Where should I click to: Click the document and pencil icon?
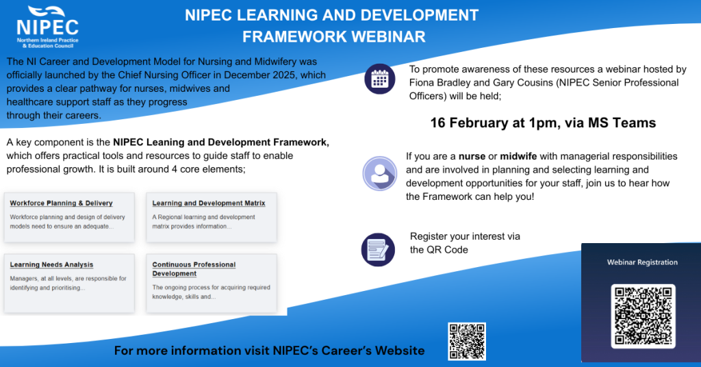pos(378,249)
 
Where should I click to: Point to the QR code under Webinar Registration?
pos(643,315)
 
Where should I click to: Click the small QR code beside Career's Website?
pos(466,341)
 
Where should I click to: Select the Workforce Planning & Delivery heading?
pos(61,203)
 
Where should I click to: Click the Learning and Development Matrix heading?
pos(209,203)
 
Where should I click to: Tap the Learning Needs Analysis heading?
pos(51,265)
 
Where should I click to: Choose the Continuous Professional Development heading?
pos(194,269)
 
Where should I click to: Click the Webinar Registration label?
pos(642,262)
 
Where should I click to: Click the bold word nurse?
pos(472,156)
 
